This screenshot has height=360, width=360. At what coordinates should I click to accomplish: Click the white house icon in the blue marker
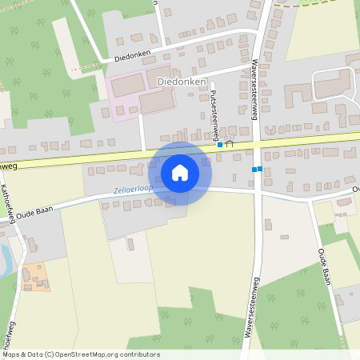click(180, 173)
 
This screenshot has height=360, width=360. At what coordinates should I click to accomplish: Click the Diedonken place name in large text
click(182, 82)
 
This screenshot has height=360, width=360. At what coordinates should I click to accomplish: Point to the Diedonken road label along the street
click(134, 58)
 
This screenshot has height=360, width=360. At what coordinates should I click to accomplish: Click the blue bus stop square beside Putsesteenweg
click(220, 145)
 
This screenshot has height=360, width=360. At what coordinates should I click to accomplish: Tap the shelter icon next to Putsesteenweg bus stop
click(230, 144)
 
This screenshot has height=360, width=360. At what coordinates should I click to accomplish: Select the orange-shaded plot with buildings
click(35, 277)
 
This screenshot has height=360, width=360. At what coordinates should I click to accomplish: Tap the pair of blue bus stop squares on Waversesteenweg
click(257, 169)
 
